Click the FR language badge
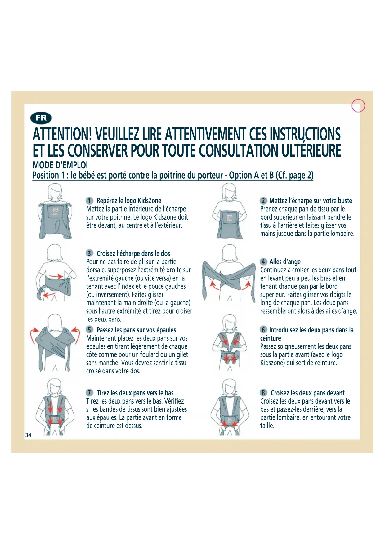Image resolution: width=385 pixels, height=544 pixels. (x=41, y=118)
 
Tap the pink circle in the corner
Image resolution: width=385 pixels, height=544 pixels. (x=358, y=105)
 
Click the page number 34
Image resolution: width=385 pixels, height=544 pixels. (x=28, y=435)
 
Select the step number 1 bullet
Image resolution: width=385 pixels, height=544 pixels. (x=89, y=201)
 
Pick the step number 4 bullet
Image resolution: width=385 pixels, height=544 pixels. (x=263, y=262)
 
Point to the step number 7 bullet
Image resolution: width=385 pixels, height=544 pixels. (x=89, y=393)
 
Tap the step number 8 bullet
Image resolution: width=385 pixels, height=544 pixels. (x=263, y=393)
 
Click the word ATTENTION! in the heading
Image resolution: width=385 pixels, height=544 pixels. (x=62, y=134)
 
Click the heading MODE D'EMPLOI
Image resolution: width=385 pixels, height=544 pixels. (x=60, y=165)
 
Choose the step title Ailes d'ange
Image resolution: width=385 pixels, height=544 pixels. (x=285, y=262)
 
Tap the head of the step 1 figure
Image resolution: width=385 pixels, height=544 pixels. (x=55, y=191)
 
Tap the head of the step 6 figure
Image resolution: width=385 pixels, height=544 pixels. (x=230, y=323)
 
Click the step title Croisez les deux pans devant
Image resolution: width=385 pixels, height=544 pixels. (x=307, y=393)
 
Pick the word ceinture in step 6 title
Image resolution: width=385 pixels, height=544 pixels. (x=271, y=338)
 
